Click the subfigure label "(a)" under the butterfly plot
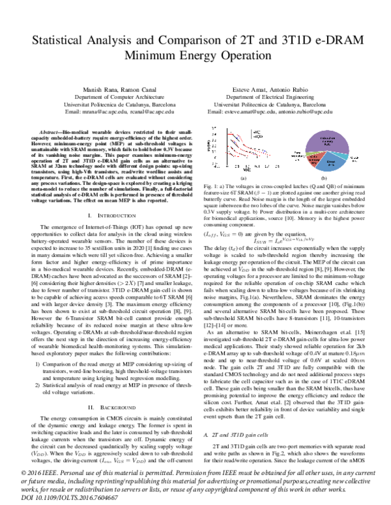[242, 177]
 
